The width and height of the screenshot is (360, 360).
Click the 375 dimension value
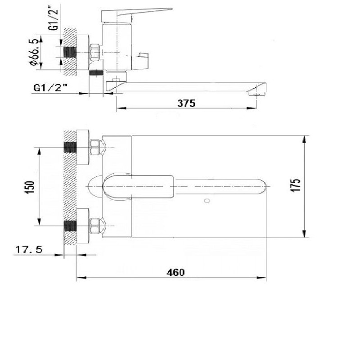[x=186, y=103]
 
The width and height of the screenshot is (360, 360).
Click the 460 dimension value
[x=175, y=273]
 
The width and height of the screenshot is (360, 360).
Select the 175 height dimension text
[x=296, y=185]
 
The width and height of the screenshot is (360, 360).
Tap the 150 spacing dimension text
[x=30, y=187]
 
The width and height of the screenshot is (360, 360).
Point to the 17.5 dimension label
[x=29, y=249]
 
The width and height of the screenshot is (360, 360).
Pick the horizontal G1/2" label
[x=51, y=88]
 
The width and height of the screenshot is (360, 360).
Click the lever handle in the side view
[x=137, y=14]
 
